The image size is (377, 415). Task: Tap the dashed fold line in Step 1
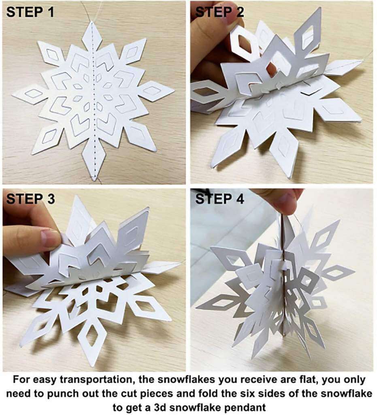(94, 101)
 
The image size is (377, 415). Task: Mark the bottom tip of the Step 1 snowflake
(94, 180)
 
